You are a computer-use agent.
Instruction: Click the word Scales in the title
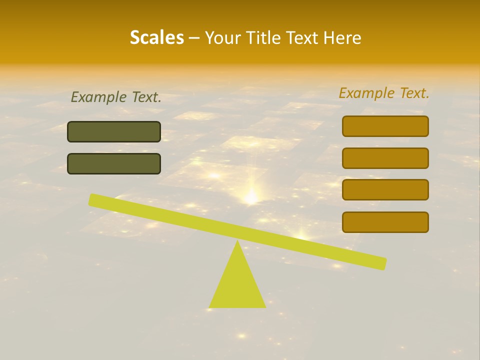(156, 37)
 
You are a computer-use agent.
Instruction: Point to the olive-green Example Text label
(116, 97)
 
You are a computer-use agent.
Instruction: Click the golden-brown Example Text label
(384, 92)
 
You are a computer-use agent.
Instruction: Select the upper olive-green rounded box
(114, 131)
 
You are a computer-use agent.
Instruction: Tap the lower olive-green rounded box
(114, 163)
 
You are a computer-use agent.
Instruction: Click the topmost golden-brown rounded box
(385, 126)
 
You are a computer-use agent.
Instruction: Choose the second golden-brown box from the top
(385, 158)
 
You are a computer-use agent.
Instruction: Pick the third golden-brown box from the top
(385, 189)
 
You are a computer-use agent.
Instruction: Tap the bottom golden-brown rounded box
(385, 222)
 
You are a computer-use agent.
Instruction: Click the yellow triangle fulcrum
(237, 285)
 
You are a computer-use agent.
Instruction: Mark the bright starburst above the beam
(251, 196)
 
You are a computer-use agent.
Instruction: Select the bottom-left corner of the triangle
(209, 307)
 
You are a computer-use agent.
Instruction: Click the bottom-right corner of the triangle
(265, 307)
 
